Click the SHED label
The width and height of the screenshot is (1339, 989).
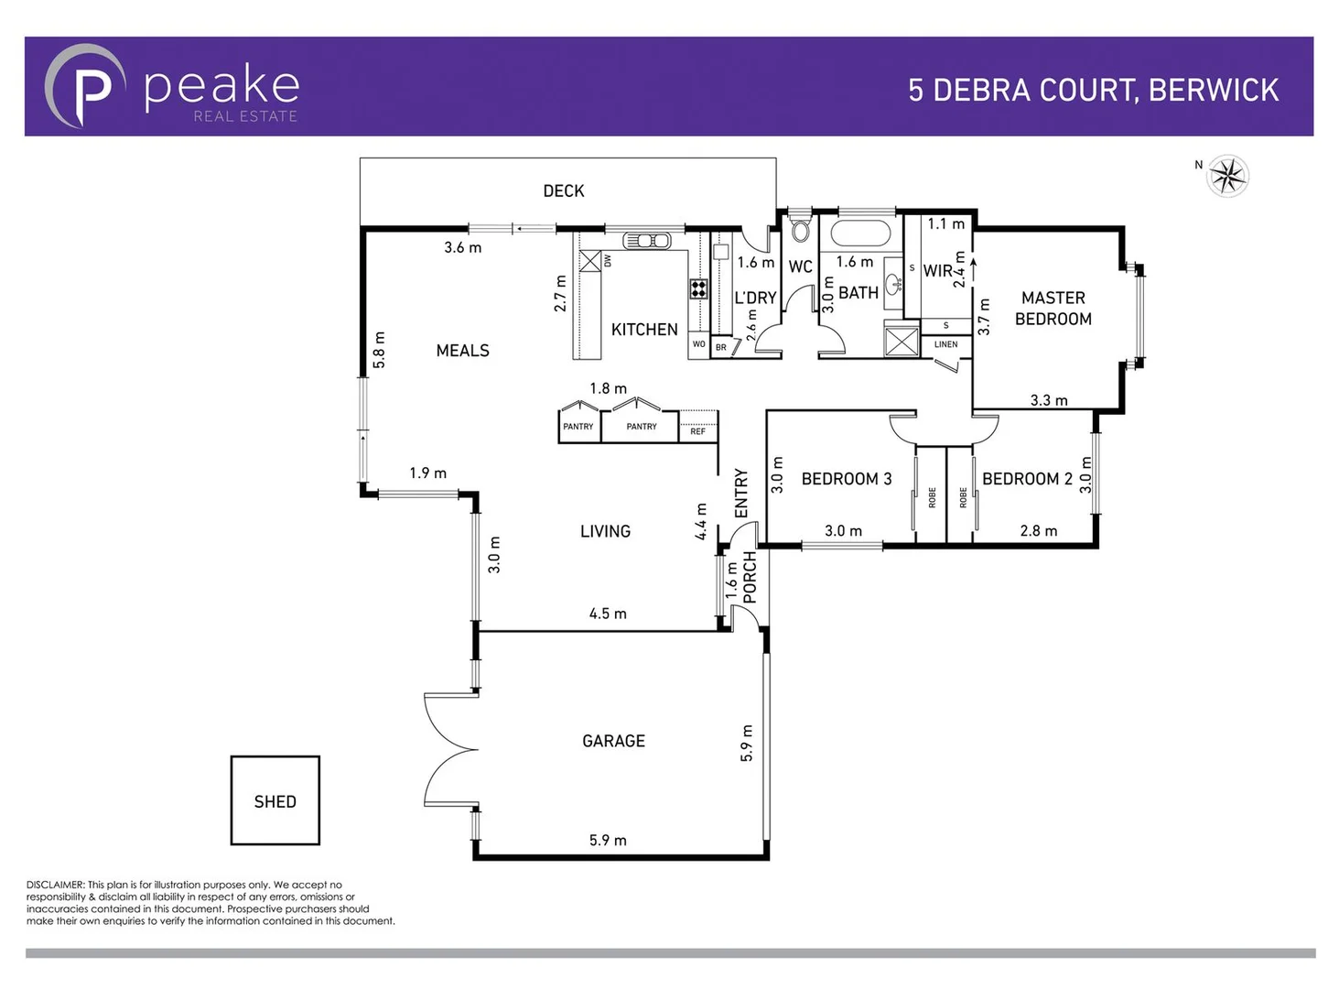tap(275, 801)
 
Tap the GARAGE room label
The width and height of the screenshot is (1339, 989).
tap(613, 741)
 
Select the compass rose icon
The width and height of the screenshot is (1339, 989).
tap(1228, 176)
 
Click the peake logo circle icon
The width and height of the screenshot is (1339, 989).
tap(84, 87)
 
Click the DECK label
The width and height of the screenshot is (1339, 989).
tap(563, 190)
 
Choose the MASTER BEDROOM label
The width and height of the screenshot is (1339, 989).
tap(1053, 309)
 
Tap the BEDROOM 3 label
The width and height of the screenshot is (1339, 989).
tap(846, 479)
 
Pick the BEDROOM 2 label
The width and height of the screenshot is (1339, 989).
tap(1027, 479)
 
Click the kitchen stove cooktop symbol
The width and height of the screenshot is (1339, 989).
tap(698, 289)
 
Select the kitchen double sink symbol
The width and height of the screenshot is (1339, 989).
tap(646, 241)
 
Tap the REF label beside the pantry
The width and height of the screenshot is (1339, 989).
tap(698, 431)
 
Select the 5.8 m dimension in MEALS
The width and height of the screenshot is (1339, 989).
tap(379, 350)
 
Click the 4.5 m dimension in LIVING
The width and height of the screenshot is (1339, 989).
tap(608, 614)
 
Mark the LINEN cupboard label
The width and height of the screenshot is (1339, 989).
tap(946, 344)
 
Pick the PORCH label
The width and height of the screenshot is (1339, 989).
tap(750, 577)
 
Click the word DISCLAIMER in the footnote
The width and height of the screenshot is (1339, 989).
tap(55, 885)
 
